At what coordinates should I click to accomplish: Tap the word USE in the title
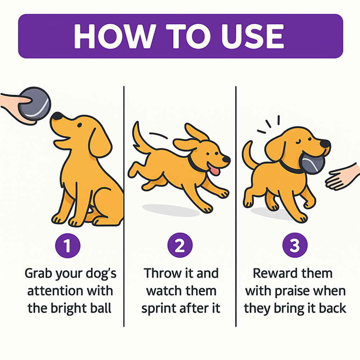tap(252, 36)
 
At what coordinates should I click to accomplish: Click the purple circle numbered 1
tap(68, 246)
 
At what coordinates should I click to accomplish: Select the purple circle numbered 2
tap(180, 245)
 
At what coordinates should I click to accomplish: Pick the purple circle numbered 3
tap(295, 245)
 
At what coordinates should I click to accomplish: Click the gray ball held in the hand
tap(35, 104)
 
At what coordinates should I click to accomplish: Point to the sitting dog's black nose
tap(57, 116)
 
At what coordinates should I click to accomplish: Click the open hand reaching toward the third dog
tap(342, 177)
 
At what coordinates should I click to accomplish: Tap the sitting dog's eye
tap(80, 125)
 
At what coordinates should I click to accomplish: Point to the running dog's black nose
tap(226, 159)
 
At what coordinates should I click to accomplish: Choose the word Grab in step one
tap(38, 274)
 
